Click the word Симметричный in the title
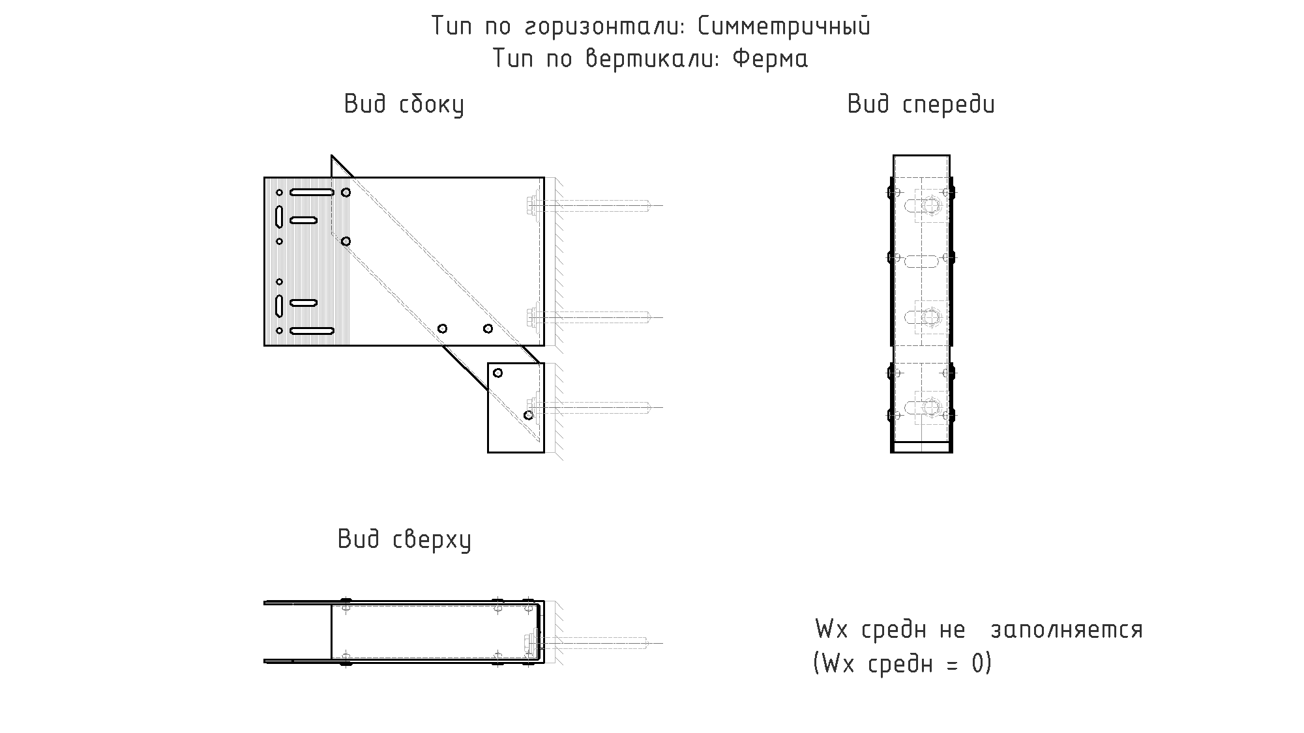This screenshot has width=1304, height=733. click(x=784, y=27)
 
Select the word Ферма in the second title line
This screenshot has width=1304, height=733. click(x=771, y=59)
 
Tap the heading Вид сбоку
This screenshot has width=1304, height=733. click(x=404, y=105)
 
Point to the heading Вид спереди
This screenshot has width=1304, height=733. click(x=921, y=105)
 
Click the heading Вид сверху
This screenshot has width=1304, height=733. click(x=404, y=540)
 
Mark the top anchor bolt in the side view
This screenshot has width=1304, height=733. click(x=593, y=206)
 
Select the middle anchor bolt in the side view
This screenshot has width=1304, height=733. click(x=593, y=317)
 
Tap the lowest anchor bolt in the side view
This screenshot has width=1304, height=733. click(x=593, y=407)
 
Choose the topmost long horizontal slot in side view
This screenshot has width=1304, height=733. click(x=312, y=192)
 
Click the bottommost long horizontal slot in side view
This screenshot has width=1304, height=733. click(x=312, y=331)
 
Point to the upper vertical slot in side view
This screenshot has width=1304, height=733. click(x=279, y=216)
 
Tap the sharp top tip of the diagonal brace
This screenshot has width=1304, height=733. click(x=332, y=156)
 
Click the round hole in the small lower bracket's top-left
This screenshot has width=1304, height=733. click(x=497, y=373)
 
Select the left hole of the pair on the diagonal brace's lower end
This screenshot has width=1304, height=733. click(x=442, y=328)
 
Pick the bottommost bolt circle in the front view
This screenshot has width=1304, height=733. click(x=932, y=408)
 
